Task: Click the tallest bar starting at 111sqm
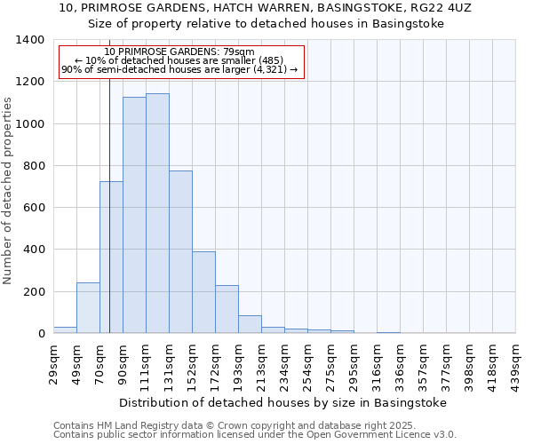tap(157, 213)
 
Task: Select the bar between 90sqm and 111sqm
tap(134, 215)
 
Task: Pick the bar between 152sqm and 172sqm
tap(203, 292)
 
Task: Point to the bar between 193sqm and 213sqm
tap(250, 324)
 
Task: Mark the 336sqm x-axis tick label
tap(400, 364)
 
